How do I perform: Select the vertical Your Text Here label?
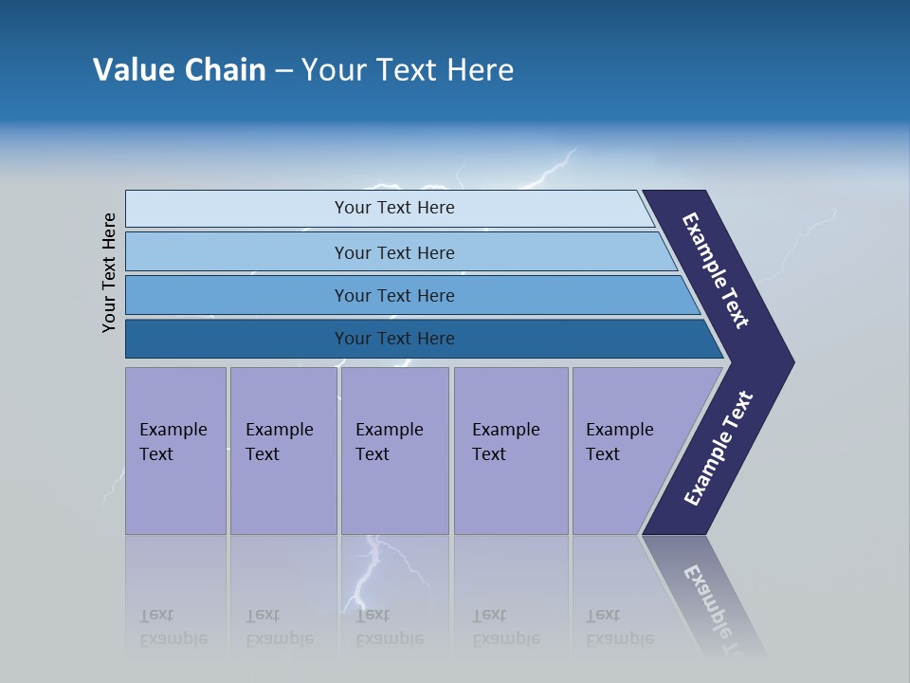(x=109, y=272)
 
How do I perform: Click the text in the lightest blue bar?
(x=394, y=208)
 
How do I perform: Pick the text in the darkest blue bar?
(x=394, y=339)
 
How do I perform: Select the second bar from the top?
(x=394, y=252)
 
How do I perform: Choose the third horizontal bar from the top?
(x=394, y=295)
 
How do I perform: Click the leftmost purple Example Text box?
(x=175, y=451)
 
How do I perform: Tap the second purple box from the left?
(x=282, y=451)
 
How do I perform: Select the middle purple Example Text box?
(x=394, y=451)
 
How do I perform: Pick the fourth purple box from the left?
(x=510, y=451)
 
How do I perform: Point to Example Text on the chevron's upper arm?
(x=716, y=270)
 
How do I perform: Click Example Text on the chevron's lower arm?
(x=719, y=448)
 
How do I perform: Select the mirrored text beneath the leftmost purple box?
(x=173, y=627)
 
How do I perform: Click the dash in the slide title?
(x=283, y=71)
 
